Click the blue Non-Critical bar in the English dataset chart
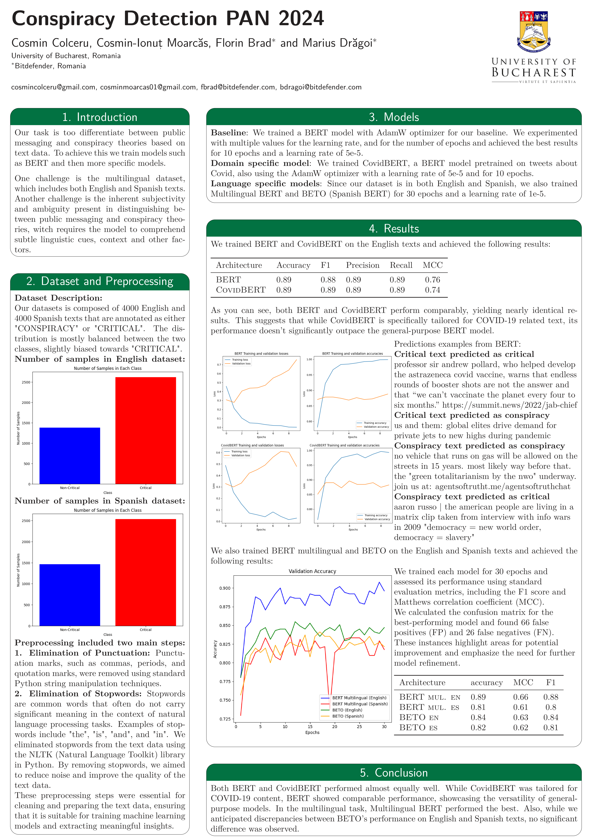pyautogui.click(x=70, y=456)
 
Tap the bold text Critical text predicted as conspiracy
pyautogui.click(x=471, y=415)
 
